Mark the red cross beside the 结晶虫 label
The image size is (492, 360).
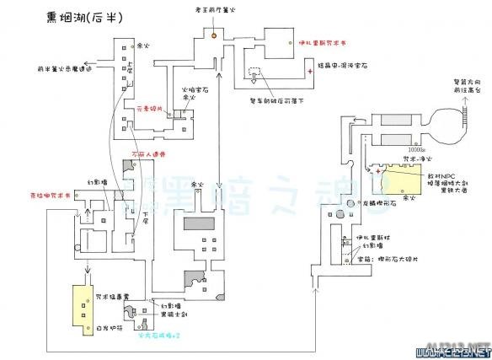310,73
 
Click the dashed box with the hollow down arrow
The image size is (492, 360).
254,74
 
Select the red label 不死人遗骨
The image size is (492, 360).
148,154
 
